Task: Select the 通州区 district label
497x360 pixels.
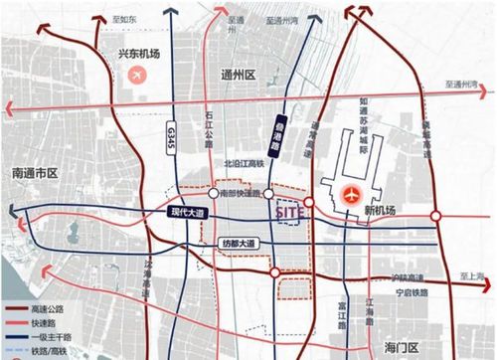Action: click(237, 74)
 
